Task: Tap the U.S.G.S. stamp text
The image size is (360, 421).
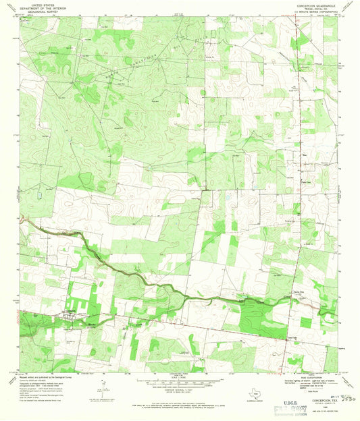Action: [x=286, y=397]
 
